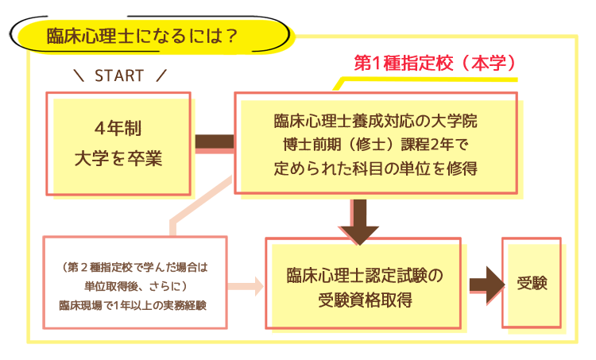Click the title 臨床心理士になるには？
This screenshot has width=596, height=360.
(141, 36)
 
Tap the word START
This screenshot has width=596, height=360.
(119, 75)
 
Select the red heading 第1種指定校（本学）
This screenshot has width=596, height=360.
(435, 63)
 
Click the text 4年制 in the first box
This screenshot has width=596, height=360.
(118, 128)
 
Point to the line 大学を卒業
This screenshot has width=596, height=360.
(118, 158)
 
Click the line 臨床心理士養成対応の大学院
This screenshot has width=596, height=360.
(376, 121)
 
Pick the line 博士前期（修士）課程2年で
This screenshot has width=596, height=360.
(376, 145)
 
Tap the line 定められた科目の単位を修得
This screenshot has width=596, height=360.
(376, 168)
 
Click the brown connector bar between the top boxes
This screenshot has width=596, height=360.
(215, 141)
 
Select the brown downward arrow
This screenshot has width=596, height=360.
(359, 222)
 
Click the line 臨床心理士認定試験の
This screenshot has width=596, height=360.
(365, 276)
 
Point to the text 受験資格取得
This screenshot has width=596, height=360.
(365, 300)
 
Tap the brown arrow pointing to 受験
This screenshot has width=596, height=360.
(487, 285)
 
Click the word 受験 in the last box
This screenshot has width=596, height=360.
(532, 283)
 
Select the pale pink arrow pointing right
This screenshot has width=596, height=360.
(246, 286)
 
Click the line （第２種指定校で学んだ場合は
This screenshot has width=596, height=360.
(135, 267)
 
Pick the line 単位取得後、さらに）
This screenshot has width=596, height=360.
(135, 286)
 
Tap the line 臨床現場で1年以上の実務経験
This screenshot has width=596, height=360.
(133, 305)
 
